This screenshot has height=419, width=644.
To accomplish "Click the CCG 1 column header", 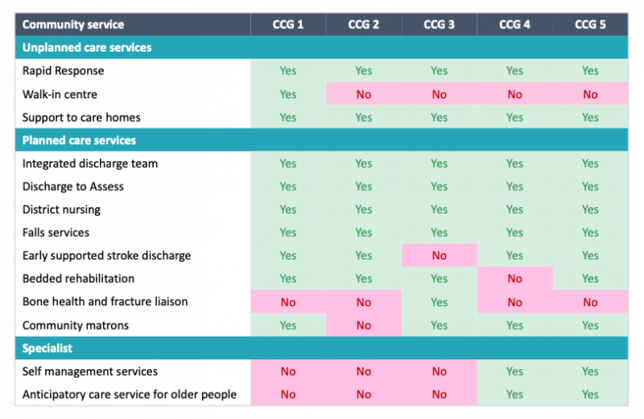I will pos(288,24).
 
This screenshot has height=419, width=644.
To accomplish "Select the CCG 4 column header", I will pos(514,24).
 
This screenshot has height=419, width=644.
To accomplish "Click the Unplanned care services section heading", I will pos(87,48).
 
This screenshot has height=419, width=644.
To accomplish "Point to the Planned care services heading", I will pos(79,140).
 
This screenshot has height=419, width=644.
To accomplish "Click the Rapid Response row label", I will pos(63,71).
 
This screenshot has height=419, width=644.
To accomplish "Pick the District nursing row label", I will pos(61,209).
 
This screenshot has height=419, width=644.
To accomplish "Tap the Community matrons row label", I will pos(75,326).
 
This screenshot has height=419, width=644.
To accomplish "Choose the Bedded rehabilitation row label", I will pos(78,279).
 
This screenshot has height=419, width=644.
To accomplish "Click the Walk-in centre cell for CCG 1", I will pos(288,94).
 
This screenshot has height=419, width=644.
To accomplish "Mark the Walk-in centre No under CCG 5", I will pos(590,94).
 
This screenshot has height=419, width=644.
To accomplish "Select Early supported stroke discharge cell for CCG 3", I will pos(439,255).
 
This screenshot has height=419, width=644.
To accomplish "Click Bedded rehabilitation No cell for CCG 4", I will pos(514,279).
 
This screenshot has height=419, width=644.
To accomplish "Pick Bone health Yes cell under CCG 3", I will pos(439,302).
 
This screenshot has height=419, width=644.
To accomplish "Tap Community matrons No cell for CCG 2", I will pos(364,326).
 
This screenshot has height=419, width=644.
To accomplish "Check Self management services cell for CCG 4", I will pos(514,371).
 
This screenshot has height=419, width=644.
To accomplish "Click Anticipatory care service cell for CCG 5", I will pos(590,395).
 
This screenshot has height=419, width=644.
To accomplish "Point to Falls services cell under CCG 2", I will pos(364,233).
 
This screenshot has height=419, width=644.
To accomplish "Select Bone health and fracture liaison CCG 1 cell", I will pos(288,302).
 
